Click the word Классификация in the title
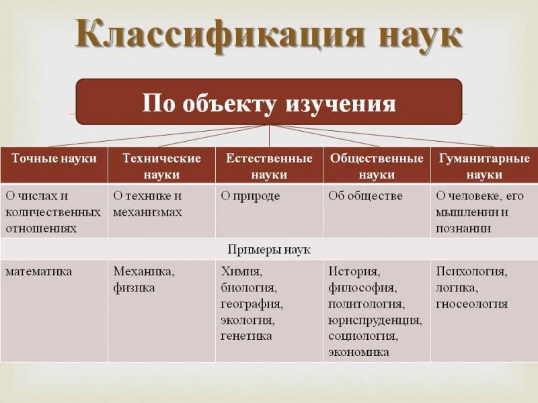click(220, 35)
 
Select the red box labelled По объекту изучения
click(269, 102)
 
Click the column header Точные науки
click(54, 165)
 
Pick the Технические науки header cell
click(161, 165)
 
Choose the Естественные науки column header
click(270, 165)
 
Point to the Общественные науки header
click(377, 165)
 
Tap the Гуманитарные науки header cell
click(484, 165)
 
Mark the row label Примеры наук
click(269, 249)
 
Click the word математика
click(39, 271)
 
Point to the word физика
click(134, 287)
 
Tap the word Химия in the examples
click(242, 271)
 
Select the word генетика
click(246, 336)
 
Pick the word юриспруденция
click(375, 320)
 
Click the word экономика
click(358, 352)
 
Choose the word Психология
click(471, 271)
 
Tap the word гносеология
click(471, 304)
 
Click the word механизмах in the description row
click(147, 212)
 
